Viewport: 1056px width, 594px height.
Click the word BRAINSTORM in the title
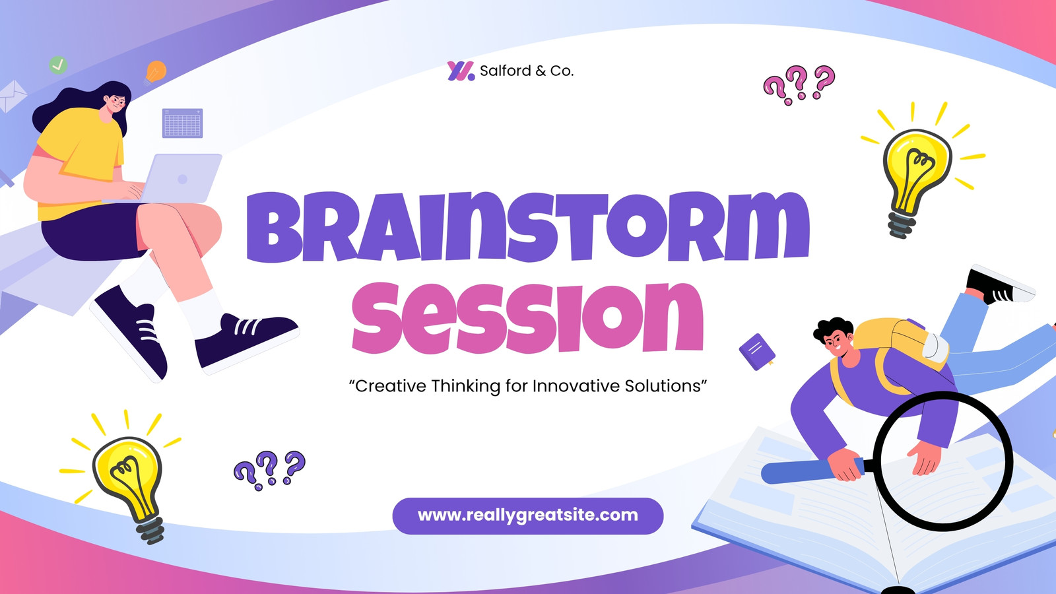tap(528, 226)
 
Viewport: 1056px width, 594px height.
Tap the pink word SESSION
tap(528, 317)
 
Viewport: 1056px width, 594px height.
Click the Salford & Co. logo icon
tap(461, 71)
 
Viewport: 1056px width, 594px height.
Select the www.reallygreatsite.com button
tap(528, 515)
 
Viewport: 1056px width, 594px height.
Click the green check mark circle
tap(58, 65)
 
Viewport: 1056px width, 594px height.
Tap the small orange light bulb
tap(155, 73)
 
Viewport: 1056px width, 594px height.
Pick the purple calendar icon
tap(182, 123)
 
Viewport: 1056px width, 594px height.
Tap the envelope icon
tap(13, 96)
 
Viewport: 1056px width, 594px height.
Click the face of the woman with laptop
tap(115, 104)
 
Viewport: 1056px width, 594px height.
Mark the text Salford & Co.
tap(527, 71)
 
